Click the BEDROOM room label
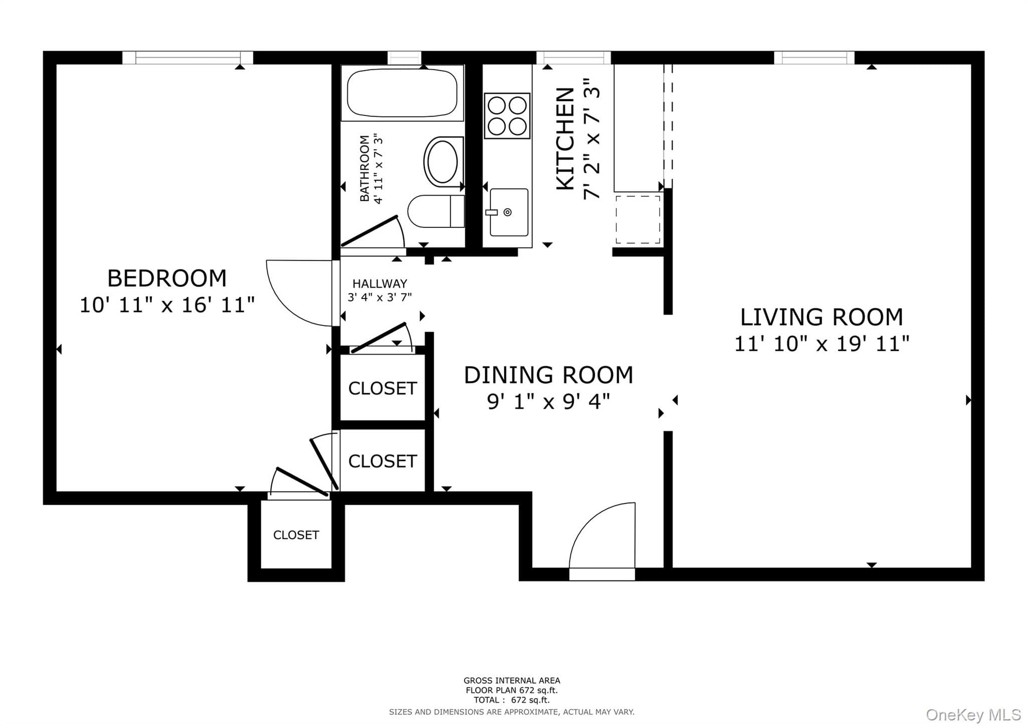(x=167, y=278)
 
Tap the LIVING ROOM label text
(x=822, y=317)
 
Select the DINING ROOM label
(x=549, y=375)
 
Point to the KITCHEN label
(x=566, y=139)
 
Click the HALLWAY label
(x=380, y=283)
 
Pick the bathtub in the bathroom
(x=402, y=93)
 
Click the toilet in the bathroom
(x=436, y=211)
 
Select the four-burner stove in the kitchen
(x=507, y=115)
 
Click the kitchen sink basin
(x=508, y=212)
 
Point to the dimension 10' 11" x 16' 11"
(x=167, y=305)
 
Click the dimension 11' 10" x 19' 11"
(x=822, y=344)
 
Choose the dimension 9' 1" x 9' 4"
(x=549, y=402)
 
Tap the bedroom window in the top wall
(x=188, y=58)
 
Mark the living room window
(x=814, y=58)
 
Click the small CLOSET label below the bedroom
(x=296, y=535)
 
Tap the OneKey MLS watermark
(x=973, y=714)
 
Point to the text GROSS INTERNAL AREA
(x=511, y=681)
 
